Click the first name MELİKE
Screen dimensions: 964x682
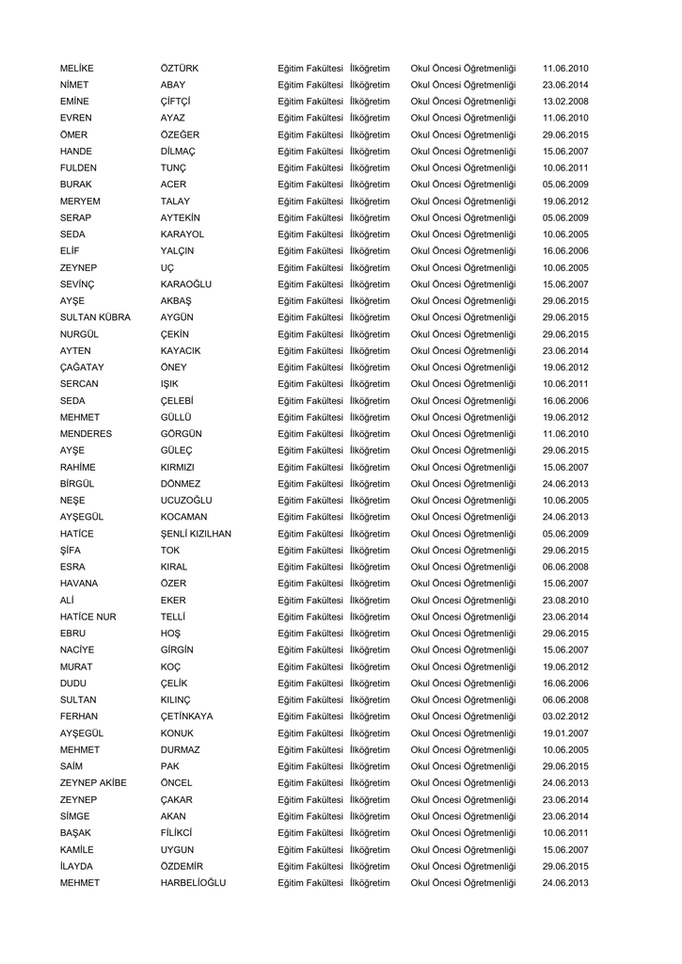coord(77,69)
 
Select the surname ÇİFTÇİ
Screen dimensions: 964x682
coord(176,102)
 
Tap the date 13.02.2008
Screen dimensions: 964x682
coord(565,102)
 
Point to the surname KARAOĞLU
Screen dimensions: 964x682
coord(186,284)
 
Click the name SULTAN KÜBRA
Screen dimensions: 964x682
coord(95,317)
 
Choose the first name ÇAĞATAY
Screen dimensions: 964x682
coord(82,367)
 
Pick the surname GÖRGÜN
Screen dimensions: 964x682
coord(182,434)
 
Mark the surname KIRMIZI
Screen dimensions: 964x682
coord(178,467)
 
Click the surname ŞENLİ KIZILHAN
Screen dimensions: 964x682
coord(196,534)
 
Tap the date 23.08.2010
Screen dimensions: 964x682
coord(565,601)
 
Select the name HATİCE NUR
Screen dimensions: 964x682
coord(87,617)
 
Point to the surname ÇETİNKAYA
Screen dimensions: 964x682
coord(186,716)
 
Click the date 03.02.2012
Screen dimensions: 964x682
coord(565,716)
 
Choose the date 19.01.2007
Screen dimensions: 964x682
coord(565,733)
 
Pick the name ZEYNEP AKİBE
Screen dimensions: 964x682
coord(93,783)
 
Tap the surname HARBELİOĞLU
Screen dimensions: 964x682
coord(193,883)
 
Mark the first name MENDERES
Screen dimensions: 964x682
coord(86,434)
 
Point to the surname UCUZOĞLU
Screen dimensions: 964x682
coord(186,500)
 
